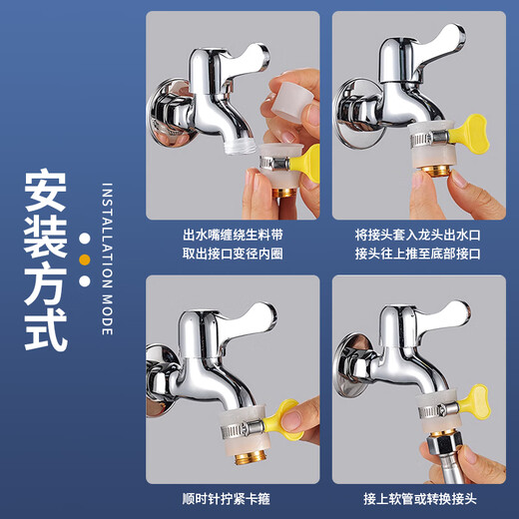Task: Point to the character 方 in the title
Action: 47,286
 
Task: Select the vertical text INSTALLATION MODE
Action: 108,259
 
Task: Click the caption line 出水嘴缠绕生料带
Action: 233,235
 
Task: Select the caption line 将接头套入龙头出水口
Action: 417,235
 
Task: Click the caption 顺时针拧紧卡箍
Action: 233,499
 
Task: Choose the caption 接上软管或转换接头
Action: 417,499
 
